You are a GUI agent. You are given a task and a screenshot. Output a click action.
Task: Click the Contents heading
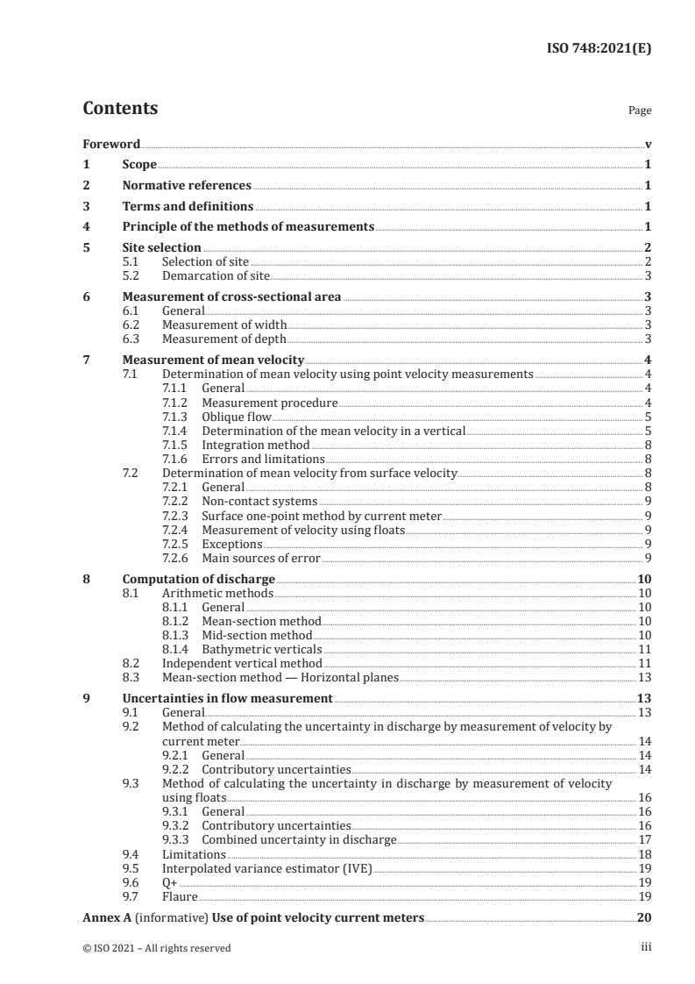coord(120,109)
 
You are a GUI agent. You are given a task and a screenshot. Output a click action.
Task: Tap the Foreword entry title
coord(111,144)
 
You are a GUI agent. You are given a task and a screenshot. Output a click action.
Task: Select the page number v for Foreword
coord(648,144)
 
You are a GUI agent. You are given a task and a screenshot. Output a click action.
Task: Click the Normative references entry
coord(187,186)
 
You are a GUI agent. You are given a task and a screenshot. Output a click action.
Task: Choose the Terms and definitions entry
coord(188,207)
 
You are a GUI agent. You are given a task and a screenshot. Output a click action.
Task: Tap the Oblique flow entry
coord(236,417)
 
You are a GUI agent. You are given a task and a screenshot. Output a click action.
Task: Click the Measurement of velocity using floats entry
coord(303,530)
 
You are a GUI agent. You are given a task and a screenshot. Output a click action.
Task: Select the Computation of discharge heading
coord(198,580)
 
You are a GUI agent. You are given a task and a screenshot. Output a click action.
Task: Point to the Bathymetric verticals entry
coord(261,650)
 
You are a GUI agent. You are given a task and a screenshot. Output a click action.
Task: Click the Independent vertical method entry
coord(242,664)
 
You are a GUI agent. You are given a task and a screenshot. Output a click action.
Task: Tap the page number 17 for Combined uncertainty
coord(644,839)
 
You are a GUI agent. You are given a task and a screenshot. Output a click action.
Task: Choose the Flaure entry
coord(180,896)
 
